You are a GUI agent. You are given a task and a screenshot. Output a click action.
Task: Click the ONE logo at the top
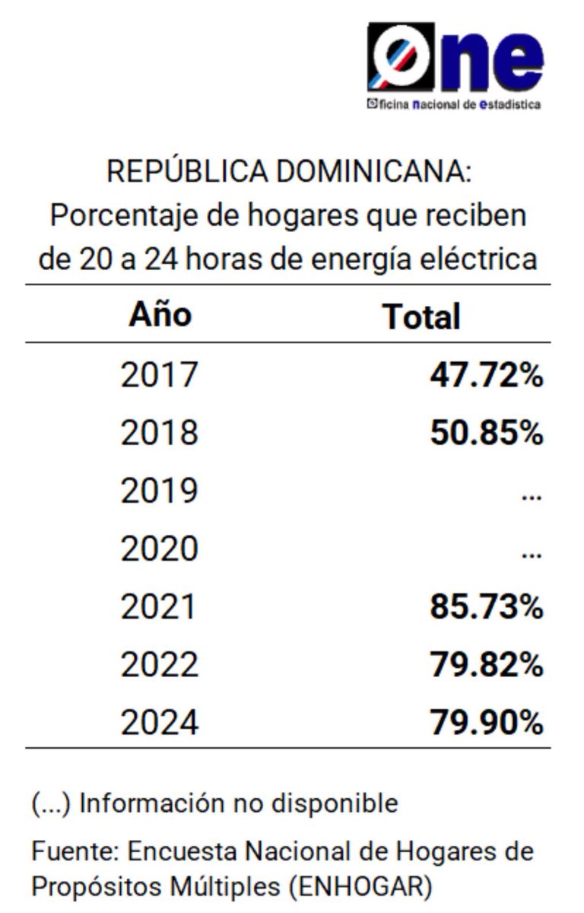454,65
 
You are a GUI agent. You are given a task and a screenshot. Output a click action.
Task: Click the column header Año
160,314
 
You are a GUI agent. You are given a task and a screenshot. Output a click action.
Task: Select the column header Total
421,316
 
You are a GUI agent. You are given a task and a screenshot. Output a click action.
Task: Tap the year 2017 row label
159,374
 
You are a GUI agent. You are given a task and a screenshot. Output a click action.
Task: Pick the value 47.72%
486,374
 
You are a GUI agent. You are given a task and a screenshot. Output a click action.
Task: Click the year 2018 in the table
159,433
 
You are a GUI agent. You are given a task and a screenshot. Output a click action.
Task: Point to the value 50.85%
486,433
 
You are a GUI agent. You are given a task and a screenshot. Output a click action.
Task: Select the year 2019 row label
159,491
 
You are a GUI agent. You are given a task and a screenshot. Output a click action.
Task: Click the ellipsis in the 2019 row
532,496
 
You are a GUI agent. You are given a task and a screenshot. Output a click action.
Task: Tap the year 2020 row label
159,549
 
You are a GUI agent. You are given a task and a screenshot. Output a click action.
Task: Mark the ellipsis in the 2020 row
532,555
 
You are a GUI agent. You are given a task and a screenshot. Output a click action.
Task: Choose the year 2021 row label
159,607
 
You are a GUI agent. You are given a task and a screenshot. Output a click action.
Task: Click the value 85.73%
486,607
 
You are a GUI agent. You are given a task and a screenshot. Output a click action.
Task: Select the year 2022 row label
159,665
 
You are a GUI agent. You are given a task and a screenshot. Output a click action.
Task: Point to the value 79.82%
486,665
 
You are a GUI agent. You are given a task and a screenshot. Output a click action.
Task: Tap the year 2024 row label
159,723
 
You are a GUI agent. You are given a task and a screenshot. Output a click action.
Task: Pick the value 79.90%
486,723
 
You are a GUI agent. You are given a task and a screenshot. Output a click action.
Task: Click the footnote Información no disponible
238,803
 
